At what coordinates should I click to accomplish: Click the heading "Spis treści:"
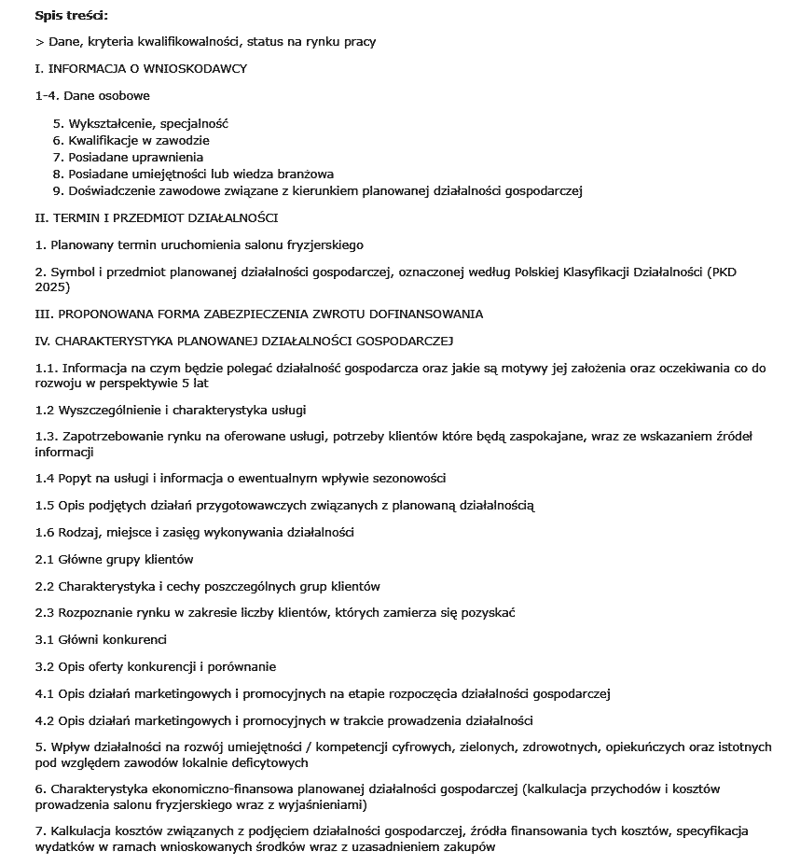pyautogui.click(x=71, y=15)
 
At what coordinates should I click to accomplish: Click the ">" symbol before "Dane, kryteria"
pyautogui.click(x=38, y=42)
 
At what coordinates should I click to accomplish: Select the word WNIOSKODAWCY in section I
pyautogui.click(x=200, y=69)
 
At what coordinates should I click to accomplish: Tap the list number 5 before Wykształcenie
pyautogui.click(x=57, y=123)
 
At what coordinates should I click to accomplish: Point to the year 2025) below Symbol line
pyautogui.click(x=53, y=286)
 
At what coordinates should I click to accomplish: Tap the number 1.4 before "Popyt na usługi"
pyautogui.click(x=45, y=479)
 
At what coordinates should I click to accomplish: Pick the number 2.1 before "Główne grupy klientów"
pyautogui.click(x=45, y=560)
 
